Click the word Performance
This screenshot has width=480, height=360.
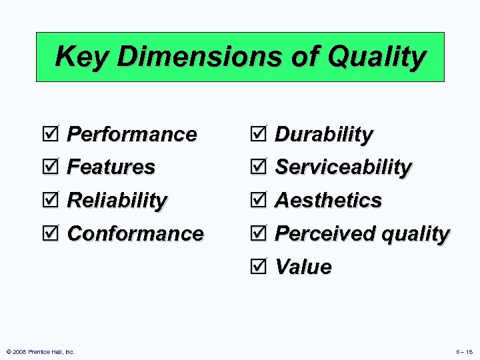tap(132, 134)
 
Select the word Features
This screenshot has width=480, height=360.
tap(111, 167)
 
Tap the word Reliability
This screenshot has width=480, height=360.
tap(117, 200)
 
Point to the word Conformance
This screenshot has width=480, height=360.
tap(135, 233)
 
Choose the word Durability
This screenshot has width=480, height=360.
tap(323, 134)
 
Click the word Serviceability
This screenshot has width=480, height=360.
tap(343, 167)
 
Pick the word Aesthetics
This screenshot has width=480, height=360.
tap(328, 200)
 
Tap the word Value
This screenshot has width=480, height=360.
tap(303, 267)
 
